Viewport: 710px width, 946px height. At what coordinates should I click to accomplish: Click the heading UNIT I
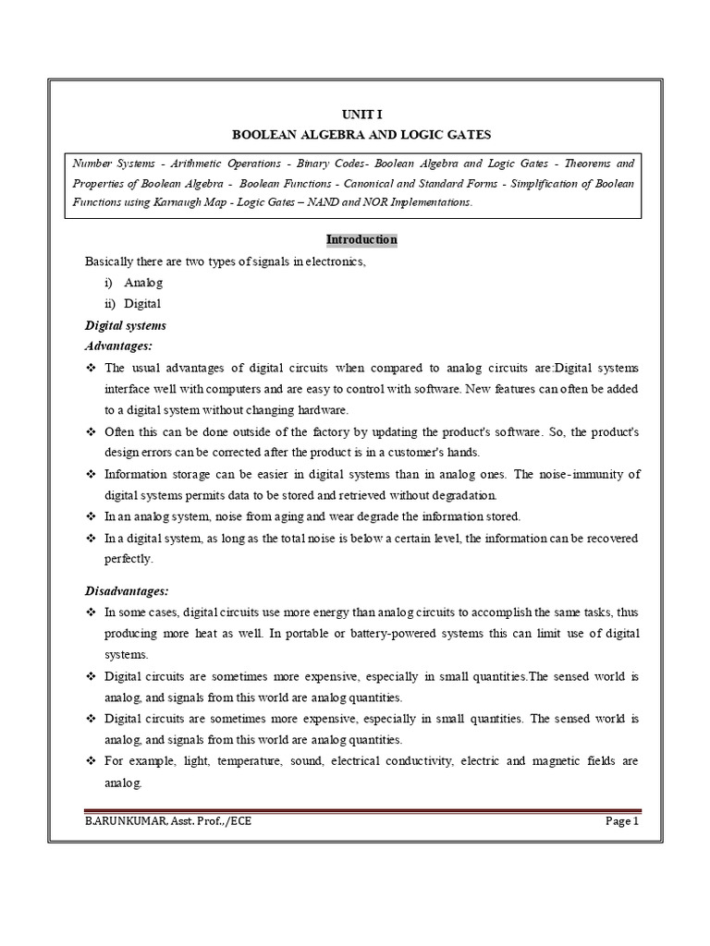click(361, 113)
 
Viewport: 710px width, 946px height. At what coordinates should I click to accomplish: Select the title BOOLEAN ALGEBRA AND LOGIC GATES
click(361, 134)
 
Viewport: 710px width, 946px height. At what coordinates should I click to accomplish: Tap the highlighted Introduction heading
click(361, 240)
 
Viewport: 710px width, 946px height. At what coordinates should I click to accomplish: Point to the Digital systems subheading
click(126, 325)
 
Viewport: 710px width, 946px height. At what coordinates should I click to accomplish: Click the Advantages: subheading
click(118, 346)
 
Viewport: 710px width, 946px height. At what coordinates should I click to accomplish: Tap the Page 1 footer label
click(618, 821)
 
